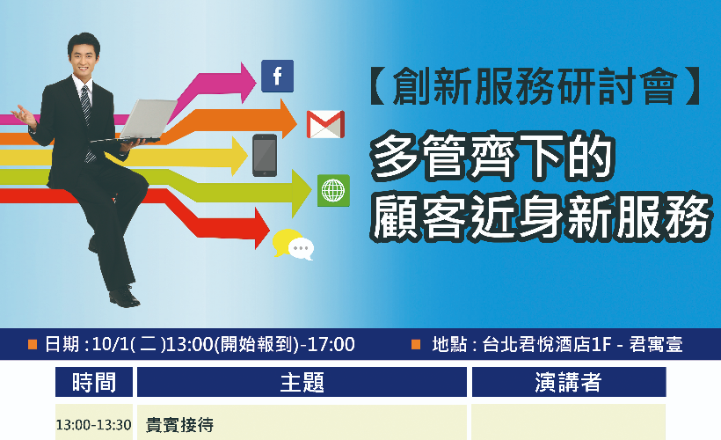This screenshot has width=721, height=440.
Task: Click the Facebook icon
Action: [277, 76]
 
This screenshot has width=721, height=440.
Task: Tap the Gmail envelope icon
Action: [325, 124]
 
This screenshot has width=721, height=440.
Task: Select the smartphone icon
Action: [265, 156]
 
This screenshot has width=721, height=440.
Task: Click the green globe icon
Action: [333, 191]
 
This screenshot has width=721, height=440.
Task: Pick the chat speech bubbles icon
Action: [294, 245]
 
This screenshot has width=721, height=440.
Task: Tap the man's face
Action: [84, 58]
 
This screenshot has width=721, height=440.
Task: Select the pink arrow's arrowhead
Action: [248, 83]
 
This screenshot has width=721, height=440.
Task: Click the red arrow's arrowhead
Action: [262, 228]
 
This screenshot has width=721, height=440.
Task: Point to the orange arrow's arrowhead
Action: [288, 119]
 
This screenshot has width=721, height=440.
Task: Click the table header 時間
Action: [94, 382]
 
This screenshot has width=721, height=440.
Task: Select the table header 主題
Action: [302, 382]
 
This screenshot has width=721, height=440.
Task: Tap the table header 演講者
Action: [569, 382]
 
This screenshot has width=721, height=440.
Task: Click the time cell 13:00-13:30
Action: [94, 424]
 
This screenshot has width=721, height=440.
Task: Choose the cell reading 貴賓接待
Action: [179, 424]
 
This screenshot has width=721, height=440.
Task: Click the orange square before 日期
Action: [33, 344]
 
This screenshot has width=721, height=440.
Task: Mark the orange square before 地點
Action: [416, 344]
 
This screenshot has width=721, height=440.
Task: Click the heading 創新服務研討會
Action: [535, 86]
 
